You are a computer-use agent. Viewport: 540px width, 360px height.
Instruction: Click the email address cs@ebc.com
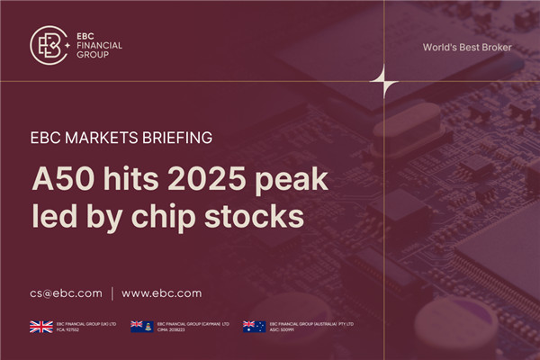(66, 292)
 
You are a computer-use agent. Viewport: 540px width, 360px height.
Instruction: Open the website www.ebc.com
(161, 292)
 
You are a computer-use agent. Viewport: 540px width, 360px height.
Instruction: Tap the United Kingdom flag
(40, 327)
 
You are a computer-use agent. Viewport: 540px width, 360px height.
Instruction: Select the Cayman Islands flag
(141, 327)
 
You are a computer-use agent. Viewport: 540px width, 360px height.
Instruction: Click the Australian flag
(254, 327)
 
